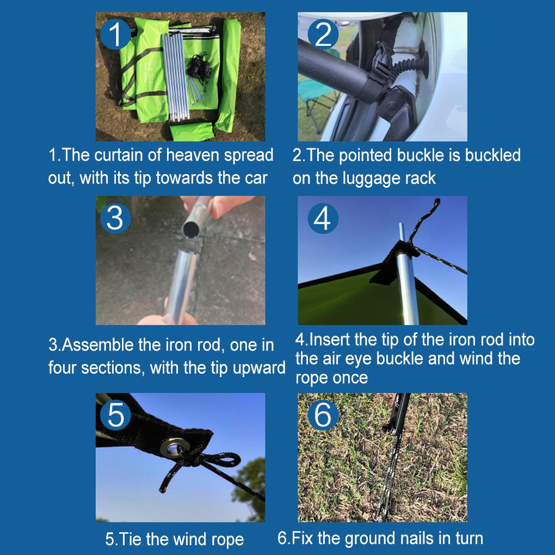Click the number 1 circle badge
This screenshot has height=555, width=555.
(116, 35)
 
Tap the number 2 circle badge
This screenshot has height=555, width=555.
(323, 35)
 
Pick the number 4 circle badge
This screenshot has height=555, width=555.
(323, 219)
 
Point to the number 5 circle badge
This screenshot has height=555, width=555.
(116, 415)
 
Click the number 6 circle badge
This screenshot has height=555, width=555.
(323, 415)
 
